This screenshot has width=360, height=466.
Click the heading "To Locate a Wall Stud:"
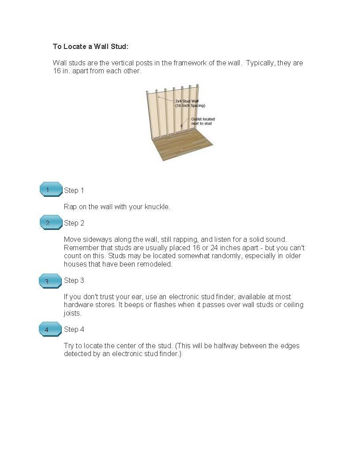(x=90, y=46)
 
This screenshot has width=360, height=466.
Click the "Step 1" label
(x=74, y=191)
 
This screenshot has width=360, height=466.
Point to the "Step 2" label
(x=74, y=223)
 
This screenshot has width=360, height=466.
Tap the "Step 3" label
(x=74, y=281)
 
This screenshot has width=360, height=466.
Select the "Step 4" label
(x=74, y=330)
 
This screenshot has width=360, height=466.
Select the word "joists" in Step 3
(x=72, y=313)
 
